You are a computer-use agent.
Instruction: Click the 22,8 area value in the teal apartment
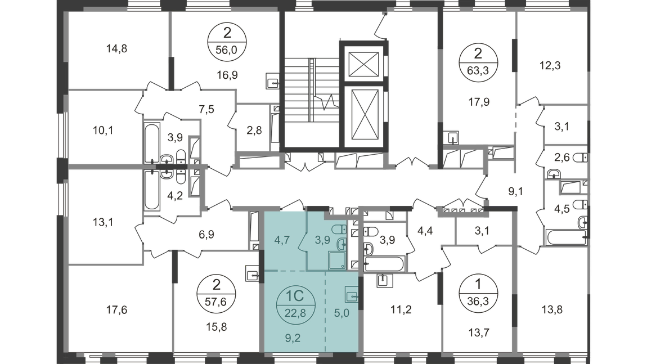295,313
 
